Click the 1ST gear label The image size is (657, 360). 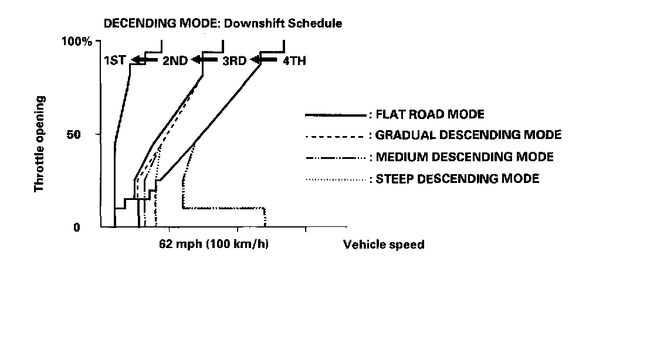(x=114, y=60)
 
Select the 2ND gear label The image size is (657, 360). (x=174, y=60)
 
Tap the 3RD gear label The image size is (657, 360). (x=234, y=60)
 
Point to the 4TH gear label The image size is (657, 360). (x=294, y=60)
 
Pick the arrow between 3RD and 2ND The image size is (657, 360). (x=204, y=60)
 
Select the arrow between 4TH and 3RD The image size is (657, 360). (x=264, y=60)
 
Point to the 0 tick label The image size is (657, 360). (x=77, y=227)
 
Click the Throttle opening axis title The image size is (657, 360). (x=40, y=144)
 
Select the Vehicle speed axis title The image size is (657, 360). (x=384, y=244)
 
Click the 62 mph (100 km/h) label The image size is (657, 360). (x=214, y=244)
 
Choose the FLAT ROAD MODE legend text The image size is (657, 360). (x=431, y=114)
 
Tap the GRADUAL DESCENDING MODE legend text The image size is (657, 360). (x=468, y=135)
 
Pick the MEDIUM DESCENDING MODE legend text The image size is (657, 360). (x=465, y=157)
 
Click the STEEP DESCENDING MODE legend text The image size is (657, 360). (x=457, y=178)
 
